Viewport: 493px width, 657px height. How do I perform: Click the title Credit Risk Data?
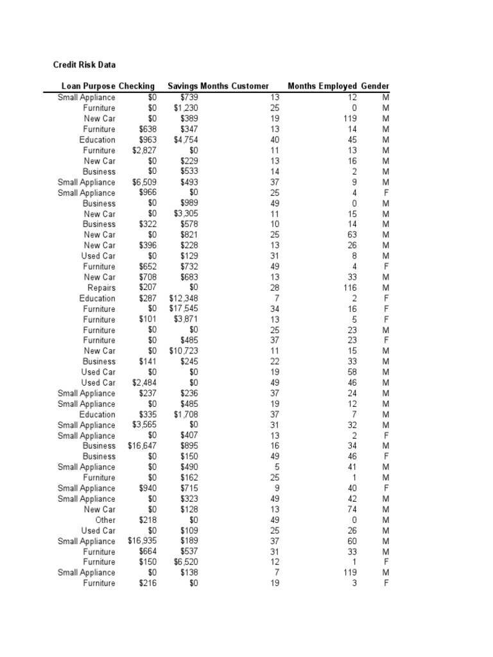[83, 65]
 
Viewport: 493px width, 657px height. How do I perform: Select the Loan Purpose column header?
[89, 86]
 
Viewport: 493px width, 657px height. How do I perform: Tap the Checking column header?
[137, 86]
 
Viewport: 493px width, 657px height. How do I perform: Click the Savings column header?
[183, 86]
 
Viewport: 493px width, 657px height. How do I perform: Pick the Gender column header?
[375, 86]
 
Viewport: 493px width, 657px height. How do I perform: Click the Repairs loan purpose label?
[101, 287]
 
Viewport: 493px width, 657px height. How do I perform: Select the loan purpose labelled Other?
[105, 520]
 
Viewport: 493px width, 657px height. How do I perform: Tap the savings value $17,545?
[184, 309]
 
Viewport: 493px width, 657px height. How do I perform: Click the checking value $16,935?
[142, 541]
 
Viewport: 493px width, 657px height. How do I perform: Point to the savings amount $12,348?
[184, 298]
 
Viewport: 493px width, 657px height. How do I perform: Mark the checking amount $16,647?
[142, 446]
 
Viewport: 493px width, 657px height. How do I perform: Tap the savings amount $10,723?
[184, 351]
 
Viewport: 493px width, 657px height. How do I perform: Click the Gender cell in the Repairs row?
[386, 287]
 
